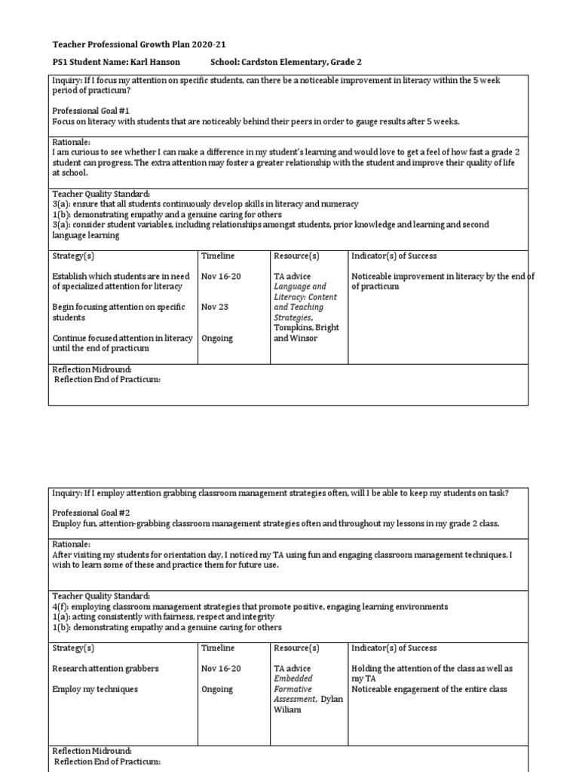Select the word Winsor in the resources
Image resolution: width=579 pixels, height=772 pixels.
[x=304, y=339]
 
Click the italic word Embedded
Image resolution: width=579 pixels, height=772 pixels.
[x=293, y=679]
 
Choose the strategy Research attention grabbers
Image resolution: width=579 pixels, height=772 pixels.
[x=105, y=669]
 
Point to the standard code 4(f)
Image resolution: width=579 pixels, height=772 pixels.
[x=60, y=607]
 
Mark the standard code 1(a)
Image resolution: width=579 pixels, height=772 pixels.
[x=60, y=617]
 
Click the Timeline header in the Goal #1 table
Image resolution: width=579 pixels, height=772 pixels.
[x=218, y=256]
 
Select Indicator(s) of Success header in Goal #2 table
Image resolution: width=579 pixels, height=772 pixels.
[x=394, y=648]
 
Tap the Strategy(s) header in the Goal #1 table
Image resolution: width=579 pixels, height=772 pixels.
[x=73, y=256]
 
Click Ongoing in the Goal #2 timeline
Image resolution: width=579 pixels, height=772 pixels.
[x=217, y=689]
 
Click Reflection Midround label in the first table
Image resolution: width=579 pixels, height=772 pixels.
[x=92, y=369]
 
